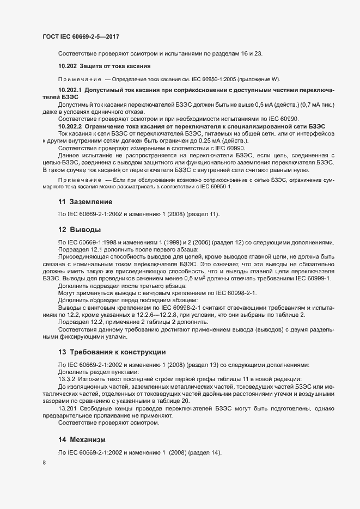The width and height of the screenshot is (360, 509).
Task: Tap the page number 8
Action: [44, 463]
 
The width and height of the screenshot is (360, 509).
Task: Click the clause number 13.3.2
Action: [68, 379]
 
